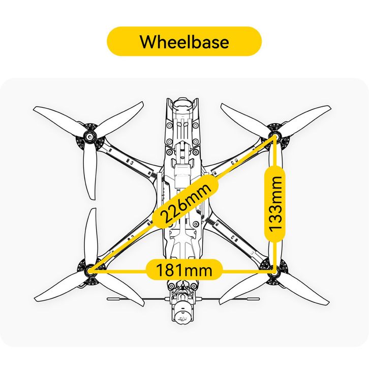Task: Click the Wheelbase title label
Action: click(x=184, y=42)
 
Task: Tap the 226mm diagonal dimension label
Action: click(x=185, y=203)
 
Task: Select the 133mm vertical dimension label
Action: click(x=275, y=204)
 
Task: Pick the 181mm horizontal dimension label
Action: click(x=184, y=270)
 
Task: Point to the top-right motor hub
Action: click(x=274, y=136)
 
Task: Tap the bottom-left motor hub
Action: click(x=89, y=270)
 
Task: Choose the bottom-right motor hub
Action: click(x=274, y=270)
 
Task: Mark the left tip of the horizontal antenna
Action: click(x=108, y=299)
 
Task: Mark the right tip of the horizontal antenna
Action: click(x=259, y=299)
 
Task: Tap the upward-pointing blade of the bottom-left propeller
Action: click(x=91, y=238)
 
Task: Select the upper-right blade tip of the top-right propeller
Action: click(x=329, y=108)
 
